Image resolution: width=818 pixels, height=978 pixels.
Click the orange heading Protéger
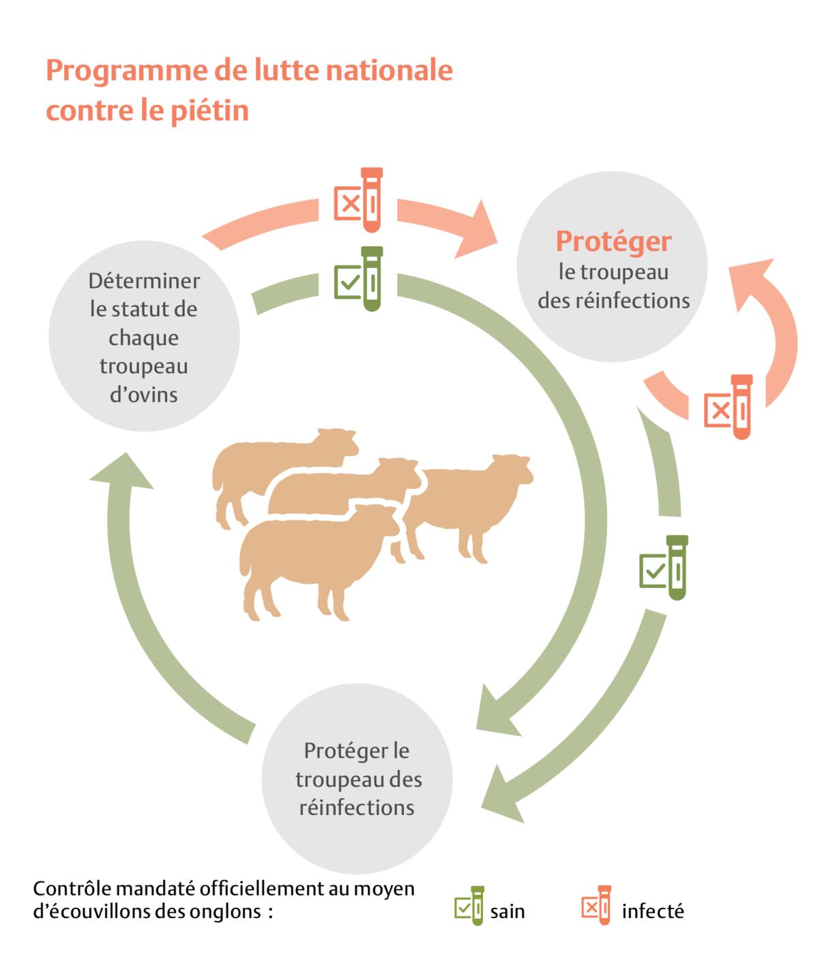613,241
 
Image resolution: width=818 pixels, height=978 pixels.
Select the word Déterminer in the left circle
144,281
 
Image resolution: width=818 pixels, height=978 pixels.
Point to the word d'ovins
144,395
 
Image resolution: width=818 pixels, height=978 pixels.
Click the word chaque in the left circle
144,338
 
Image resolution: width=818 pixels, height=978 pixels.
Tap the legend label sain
508,912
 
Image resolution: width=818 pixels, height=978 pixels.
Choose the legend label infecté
652,912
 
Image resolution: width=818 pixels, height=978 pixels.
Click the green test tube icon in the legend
470,906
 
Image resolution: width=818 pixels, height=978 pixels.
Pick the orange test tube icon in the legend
597,905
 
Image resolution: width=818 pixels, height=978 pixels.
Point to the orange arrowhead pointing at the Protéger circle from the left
480,229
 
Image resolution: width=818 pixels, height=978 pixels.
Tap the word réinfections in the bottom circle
357,808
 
